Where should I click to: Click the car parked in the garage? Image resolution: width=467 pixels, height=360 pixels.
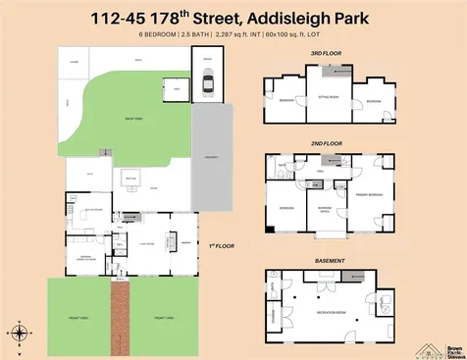[x=208, y=84]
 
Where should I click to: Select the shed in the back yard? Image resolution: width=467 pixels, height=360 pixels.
[x=177, y=87]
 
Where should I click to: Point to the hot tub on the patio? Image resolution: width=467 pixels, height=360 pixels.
[x=130, y=178]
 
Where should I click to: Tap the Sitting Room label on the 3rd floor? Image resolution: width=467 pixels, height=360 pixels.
[x=328, y=97]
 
